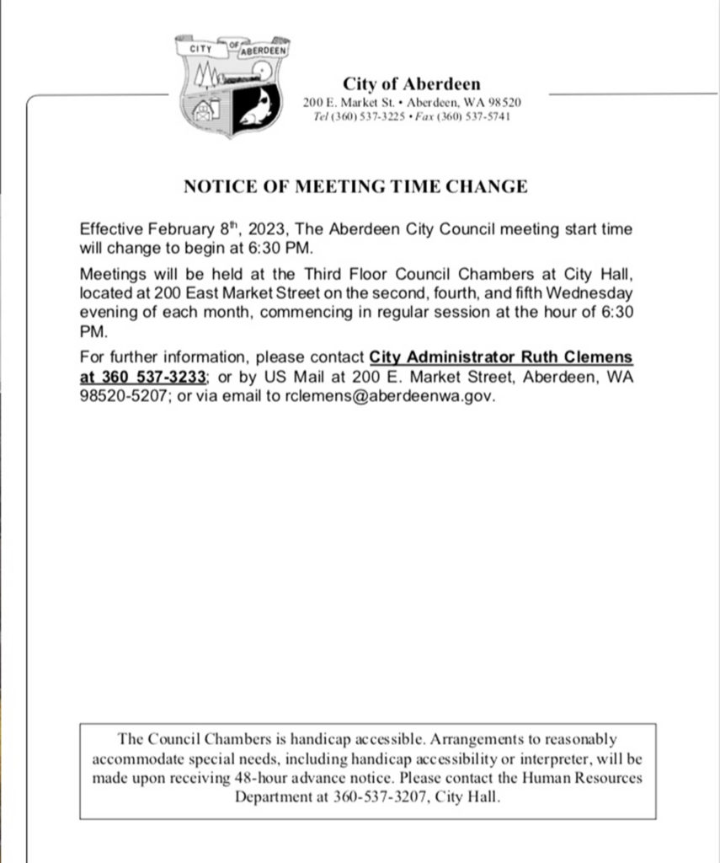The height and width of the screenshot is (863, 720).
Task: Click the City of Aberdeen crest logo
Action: click(x=232, y=86)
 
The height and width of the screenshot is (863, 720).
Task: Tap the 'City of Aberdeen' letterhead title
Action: click(x=412, y=83)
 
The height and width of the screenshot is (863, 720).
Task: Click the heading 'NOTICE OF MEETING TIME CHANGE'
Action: click(x=355, y=186)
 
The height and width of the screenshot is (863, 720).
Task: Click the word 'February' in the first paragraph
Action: click(x=171, y=230)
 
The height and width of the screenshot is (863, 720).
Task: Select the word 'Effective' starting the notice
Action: click(x=109, y=230)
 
